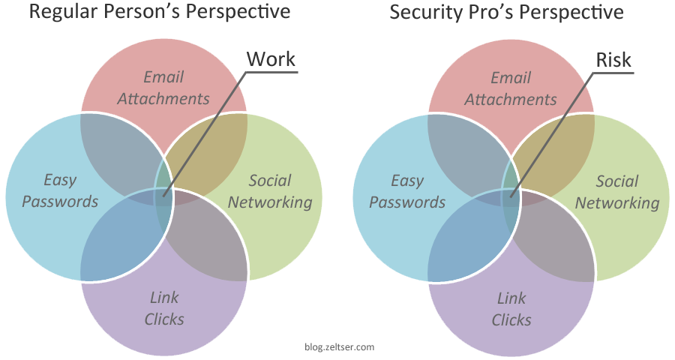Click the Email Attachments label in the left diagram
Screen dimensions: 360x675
pyautogui.click(x=163, y=88)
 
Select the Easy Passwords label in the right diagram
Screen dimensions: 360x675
pyautogui.click(x=407, y=191)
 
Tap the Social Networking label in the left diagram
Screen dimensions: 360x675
pyautogui.click(x=270, y=191)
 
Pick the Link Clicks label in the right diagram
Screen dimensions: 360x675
pyautogui.click(x=511, y=309)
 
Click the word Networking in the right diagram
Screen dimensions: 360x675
pyautogui.click(x=617, y=202)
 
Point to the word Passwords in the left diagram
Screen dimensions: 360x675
pyautogui.click(x=60, y=202)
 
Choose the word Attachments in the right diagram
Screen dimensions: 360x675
pyautogui.click(x=511, y=99)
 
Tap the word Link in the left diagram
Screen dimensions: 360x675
pyautogui.click(x=164, y=298)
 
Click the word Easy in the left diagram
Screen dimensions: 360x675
pyautogui.click(x=60, y=180)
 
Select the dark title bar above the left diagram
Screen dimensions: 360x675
pyautogui.click(x=160, y=13)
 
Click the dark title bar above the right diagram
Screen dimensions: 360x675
pyautogui.click(x=506, y=13)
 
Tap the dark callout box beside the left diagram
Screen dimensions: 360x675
pyautogui.click(x=271, y=58)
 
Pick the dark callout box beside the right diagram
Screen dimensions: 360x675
pyautogui.click(x=613, y=59)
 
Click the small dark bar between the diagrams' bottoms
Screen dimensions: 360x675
pyautogui.click(x=339, y=347)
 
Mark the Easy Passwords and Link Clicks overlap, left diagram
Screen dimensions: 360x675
pyautogui.click(x=120, y=236)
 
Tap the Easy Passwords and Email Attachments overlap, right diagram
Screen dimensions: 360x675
pyautogui.click(x=465, y=146)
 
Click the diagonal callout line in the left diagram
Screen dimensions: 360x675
pyautogui.click(x=202, y=135)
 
